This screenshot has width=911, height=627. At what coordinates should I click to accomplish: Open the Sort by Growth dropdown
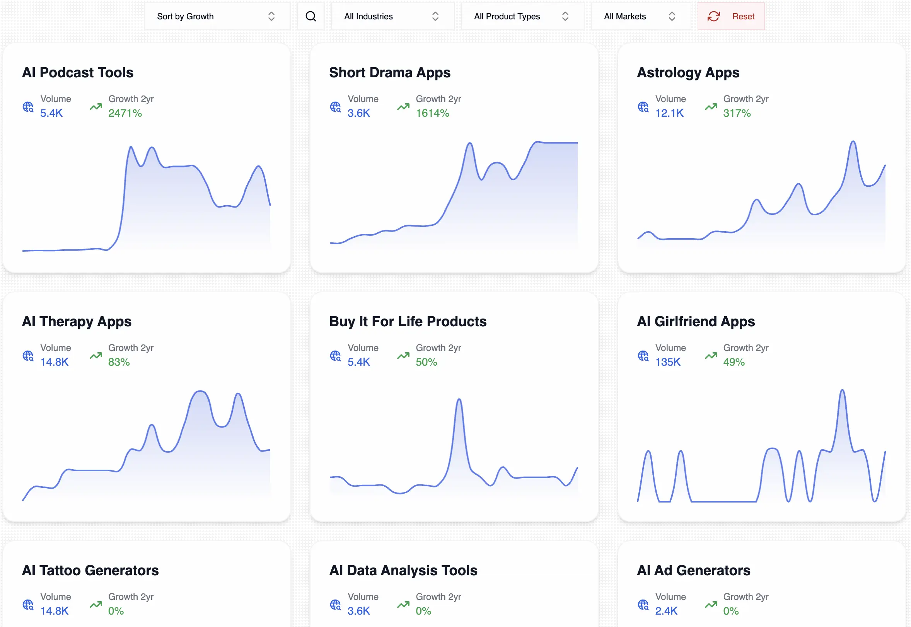tap(217, 16)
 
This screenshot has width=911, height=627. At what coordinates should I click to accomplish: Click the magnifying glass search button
tap(310, 16)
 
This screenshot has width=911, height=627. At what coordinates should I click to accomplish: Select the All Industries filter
tap(392, 16)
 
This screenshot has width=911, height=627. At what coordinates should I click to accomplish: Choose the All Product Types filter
tap(522, 16)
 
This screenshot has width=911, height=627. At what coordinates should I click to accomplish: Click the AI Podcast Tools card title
tap(78, 73)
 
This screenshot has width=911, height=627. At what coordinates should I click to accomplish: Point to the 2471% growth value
tap(125, 113)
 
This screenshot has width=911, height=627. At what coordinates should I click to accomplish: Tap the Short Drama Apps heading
tap(389, 73)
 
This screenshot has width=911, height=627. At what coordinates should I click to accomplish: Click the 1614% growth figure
tap(432, 113)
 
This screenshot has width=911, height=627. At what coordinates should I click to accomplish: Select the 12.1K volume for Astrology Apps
tap(669, 113)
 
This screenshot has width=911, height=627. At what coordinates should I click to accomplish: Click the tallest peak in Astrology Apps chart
tap(853, 142)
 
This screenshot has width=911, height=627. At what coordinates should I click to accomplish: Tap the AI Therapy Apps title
tap(77, 321)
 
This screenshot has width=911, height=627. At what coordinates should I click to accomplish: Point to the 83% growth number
tap(119, 362)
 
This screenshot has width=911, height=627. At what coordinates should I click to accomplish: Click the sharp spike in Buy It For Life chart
tap(459, 401)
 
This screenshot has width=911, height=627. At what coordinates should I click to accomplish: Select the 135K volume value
tap(667, 362)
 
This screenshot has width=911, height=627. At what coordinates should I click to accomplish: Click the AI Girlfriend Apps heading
tap(696, 321)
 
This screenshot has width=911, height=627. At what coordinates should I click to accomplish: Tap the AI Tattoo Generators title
tap(90, 571)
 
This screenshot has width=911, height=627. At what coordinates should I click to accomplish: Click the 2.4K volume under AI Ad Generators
tap(666, 611)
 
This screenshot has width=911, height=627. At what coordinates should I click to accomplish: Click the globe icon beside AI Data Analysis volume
tap(335, 605)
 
